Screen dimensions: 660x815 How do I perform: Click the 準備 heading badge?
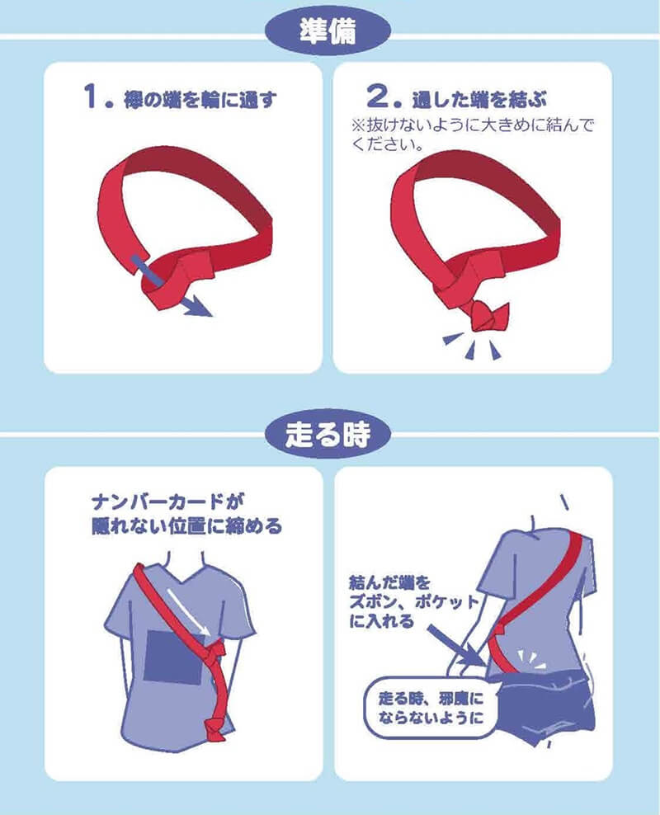pos(328,31)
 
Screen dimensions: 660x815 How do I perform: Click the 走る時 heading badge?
pos(328,435)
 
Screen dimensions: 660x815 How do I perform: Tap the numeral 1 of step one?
pos(91,97)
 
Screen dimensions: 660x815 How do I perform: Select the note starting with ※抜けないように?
pos(472,134)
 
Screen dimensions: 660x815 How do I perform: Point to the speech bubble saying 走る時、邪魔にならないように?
pos(431,708)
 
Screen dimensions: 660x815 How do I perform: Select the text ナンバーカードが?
pos(167,502)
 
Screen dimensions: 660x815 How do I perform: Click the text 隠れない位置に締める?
pos(186,526)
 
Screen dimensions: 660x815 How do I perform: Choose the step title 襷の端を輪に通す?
pos(200,99)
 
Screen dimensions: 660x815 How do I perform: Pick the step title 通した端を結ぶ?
pos(479,99)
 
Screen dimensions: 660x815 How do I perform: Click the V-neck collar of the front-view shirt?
pos(185,571)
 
